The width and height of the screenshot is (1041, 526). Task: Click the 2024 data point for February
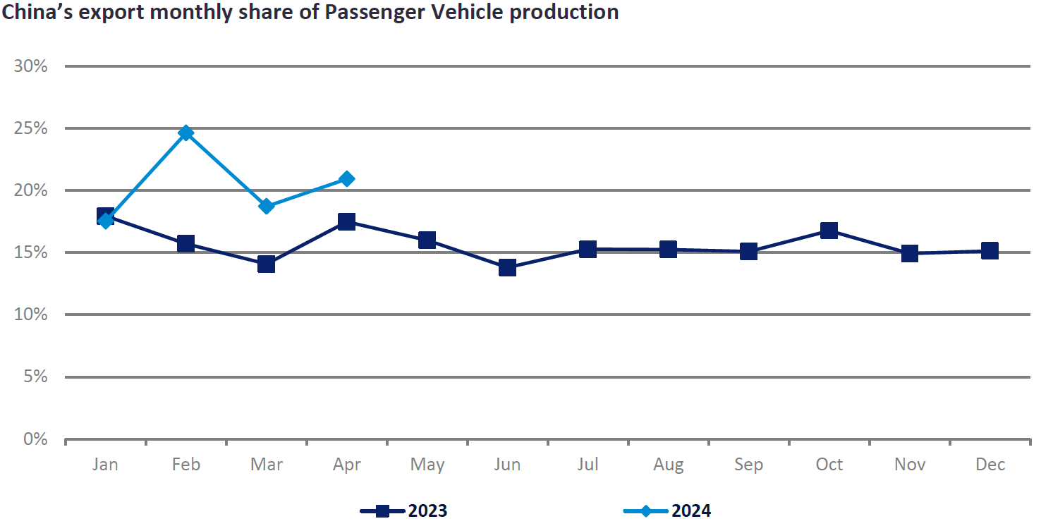[186, 133]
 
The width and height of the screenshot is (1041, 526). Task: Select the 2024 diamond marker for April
[346, 179]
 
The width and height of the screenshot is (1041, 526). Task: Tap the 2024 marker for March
[266, 207]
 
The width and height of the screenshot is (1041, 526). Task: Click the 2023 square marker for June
[507, 267]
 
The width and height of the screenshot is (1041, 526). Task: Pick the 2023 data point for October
[829, 231]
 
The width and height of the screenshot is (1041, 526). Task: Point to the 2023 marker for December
[990, 250]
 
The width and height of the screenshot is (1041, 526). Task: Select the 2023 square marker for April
[346, 222]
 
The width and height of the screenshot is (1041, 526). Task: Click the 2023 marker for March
[266, 264]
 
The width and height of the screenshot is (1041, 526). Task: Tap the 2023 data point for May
[427, 240]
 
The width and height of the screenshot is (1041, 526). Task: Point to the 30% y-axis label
[30, 67]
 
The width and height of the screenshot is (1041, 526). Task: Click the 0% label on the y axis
[35, 439]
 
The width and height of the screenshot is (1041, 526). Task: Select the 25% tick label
[30, 129]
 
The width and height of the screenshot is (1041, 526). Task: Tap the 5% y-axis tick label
[35, 377]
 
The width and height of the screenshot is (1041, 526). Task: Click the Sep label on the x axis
[748, 465]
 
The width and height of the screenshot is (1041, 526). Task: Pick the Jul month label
[588, 465]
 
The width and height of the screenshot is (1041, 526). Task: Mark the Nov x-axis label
[909, 465]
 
